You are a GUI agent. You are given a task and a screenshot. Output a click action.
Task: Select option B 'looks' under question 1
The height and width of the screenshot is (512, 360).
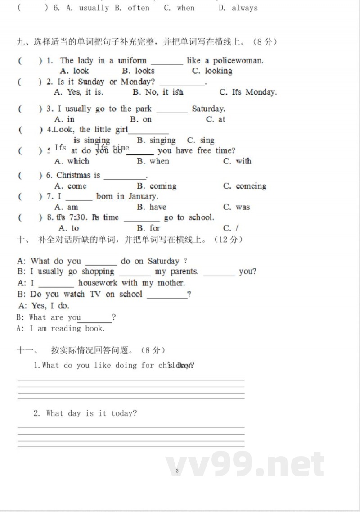pyautogui.click(x=139, y=71)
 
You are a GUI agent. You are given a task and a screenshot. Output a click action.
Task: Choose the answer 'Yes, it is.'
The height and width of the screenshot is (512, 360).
pyautogui.click(x=79, y=92)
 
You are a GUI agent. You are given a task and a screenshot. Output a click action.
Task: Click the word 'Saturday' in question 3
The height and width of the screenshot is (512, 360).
pyautogui.click(x=208, y=109)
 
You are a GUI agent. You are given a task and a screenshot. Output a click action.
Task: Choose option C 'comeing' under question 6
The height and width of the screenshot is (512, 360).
pyautogui.click(x=245, y=186)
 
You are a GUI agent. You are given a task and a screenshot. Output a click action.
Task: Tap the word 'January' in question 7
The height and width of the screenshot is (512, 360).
pyautogui.click(x=143, y=196)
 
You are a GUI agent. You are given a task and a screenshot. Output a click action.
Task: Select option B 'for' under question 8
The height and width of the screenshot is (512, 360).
pyautogui.click(x=148, y=228)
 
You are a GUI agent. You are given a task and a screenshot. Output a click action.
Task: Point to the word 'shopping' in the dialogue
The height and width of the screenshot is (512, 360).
pyautogui.click(x=98, y=272)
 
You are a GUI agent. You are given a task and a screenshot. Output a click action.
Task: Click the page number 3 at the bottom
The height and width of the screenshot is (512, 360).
pyautogui.click(x=177, y=471)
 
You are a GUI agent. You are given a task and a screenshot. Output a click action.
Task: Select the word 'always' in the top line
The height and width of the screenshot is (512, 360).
pyautogui.click(x=245, y=8)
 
